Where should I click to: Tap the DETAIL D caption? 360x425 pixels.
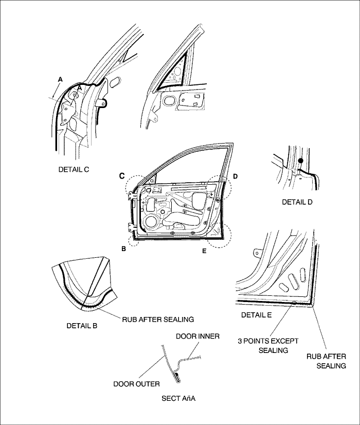point(297,202)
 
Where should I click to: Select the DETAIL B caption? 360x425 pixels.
point(82,326)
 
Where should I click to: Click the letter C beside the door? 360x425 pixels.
point(122,176)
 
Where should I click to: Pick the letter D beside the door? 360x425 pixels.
point(235,176)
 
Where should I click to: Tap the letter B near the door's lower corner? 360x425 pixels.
point(123,249)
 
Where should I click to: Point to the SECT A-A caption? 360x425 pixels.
point(179,398)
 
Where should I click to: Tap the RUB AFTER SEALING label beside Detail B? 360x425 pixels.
point(157,319)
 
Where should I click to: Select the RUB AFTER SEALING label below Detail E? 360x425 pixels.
point(326,361)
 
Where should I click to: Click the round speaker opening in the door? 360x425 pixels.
point(151,222)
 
